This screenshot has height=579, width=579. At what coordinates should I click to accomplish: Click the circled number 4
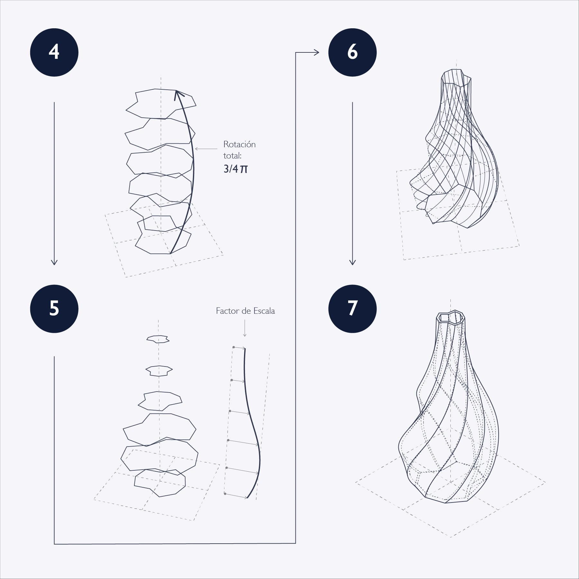click(54, 52)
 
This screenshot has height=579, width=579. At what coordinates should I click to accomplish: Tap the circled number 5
click(54, 309)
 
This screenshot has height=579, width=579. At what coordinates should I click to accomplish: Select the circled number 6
click(352, 52)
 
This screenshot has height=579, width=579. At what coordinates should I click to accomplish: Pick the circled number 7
click(352, 309)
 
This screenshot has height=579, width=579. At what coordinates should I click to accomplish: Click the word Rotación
click(240, 144)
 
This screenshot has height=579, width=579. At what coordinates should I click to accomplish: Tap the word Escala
click(264, 311)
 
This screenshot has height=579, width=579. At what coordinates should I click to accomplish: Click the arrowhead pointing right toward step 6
click(316, 52)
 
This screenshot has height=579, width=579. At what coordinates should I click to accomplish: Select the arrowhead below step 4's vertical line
click(54, 262)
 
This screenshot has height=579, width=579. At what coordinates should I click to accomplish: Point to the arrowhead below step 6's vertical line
click(352, 262)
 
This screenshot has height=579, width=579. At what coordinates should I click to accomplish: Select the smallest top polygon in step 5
click(158, 339)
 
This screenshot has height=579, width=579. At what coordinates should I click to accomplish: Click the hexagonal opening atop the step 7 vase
click(450, 318)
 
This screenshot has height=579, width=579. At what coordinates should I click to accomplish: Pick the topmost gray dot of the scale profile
click(234, 347)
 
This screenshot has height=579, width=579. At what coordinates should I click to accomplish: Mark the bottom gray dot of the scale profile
click(225, 493)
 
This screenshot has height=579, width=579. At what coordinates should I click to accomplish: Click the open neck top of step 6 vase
click(457, 78)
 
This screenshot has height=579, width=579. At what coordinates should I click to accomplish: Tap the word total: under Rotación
click(232, 156)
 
